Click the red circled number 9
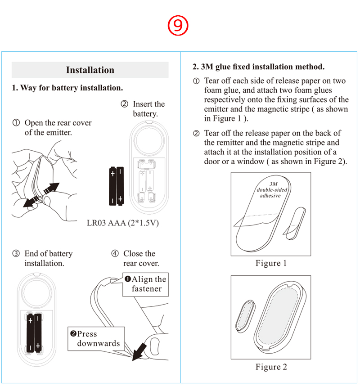pyautogui.click(x=178, y=26)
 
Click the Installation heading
pyautogui.click(x=90, y=70)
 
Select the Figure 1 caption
pyautogui.click(x=271, y=263)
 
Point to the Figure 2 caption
pyautogui.click(x=271, y=367)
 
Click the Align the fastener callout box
pyautogui.click(x=146, y=284)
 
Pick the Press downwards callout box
pyautogui.click(x=94, y=338)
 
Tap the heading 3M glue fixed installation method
pyautogui.click(x=258, y=67)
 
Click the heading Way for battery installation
pyautogui.click(x=67, y=88)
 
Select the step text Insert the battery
pyautogui.click(x=144, y=109)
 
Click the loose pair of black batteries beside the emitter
pyautogui.click(x=117, y=185)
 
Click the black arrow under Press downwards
pyautogui.click(x=140, y=351)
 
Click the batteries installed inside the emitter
pyautogui.click(x=34, y=333)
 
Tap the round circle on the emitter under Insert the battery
pyautogui.click(x=148, y=141)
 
